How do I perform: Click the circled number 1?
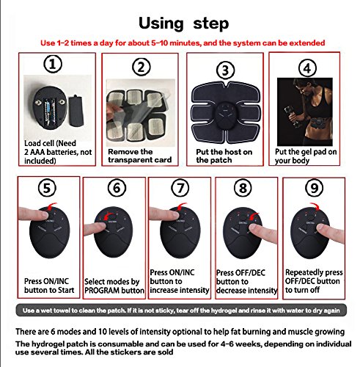click(x=53, y=64)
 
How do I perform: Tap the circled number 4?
click(x=307, y=68)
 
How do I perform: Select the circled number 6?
click(x=117, y=188)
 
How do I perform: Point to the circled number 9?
click(x=314, y=188)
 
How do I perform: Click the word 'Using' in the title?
click(x=161, y=23)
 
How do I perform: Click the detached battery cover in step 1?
click(x=76, y=111)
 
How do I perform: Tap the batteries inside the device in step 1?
click(x=50, y=111)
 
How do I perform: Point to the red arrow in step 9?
click(x=315, y=206)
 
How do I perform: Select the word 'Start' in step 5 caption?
click(x=66, y=290)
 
